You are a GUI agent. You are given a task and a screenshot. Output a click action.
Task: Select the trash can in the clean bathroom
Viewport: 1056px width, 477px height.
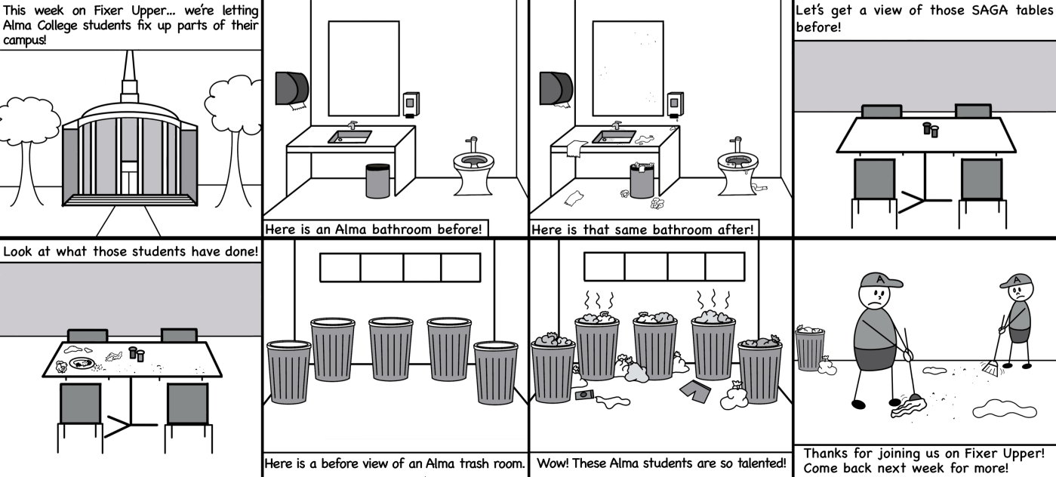377,180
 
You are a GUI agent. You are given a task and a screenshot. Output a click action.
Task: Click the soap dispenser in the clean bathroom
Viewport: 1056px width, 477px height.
411,104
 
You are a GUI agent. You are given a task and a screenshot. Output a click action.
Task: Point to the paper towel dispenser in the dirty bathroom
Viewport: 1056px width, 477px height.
556,88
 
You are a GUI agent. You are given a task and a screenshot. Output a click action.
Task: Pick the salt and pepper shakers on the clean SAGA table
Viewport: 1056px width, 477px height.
931,129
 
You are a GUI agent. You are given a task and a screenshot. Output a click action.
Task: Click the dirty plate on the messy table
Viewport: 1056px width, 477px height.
82,363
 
